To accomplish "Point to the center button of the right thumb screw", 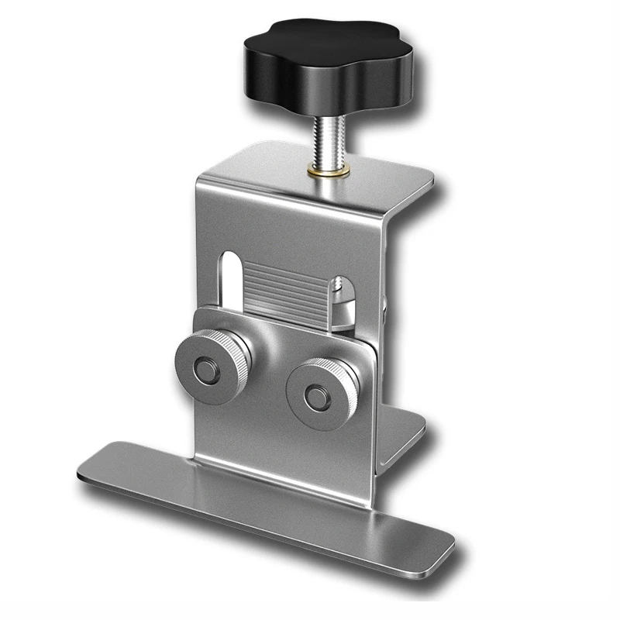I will point(315,398).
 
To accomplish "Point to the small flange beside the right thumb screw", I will point(403,434).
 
